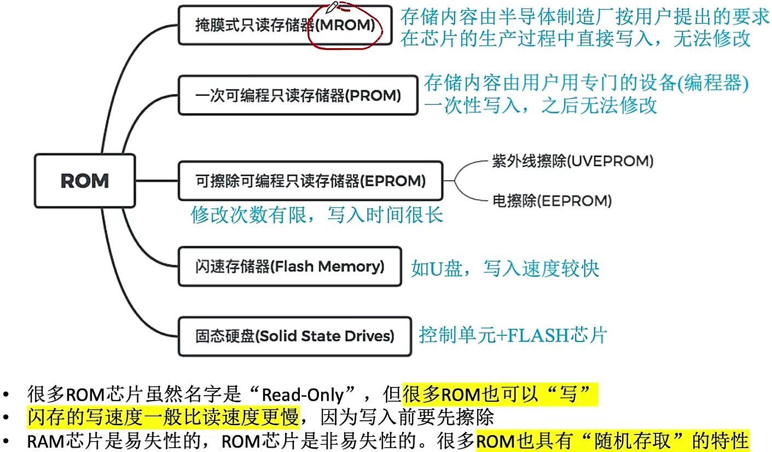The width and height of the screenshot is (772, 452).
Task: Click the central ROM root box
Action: [x=85, y=181]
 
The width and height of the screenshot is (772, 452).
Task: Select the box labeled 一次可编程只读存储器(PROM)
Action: [x=298, y=96]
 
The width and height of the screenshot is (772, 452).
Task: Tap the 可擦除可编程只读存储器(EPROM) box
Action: [x=310, y=181]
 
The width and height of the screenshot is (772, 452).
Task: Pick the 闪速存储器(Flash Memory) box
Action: [x=289, y=266]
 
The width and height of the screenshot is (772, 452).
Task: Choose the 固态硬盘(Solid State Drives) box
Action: [x=295, y=336]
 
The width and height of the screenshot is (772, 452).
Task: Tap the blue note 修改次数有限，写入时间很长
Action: [x=317, y=215]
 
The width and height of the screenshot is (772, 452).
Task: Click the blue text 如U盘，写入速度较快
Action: [x=505, y=269]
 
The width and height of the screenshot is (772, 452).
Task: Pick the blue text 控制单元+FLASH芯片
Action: [x=513, y=335]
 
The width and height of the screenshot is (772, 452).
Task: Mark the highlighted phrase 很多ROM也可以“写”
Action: [x=499, y=395]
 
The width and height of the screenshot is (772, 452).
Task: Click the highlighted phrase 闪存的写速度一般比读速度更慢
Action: [x=163, y=418]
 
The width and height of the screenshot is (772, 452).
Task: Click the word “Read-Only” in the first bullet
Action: [x=303, y=395]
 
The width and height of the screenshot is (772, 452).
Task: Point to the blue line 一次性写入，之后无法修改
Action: [x=540, y=105]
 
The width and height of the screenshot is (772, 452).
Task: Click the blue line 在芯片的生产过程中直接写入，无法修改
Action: [x=576, y=39]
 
